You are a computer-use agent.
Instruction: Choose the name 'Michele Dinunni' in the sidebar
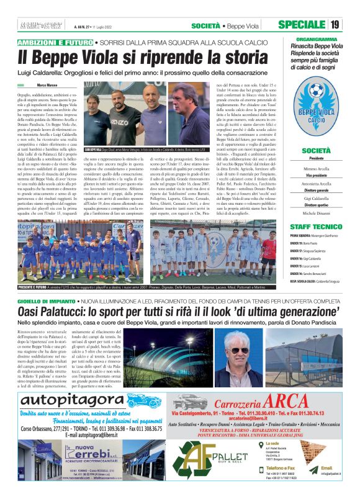(x=317, y=213)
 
